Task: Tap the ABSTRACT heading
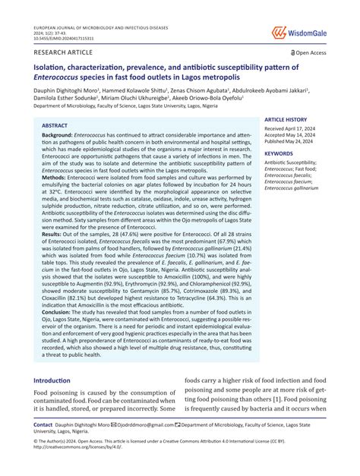55,125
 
